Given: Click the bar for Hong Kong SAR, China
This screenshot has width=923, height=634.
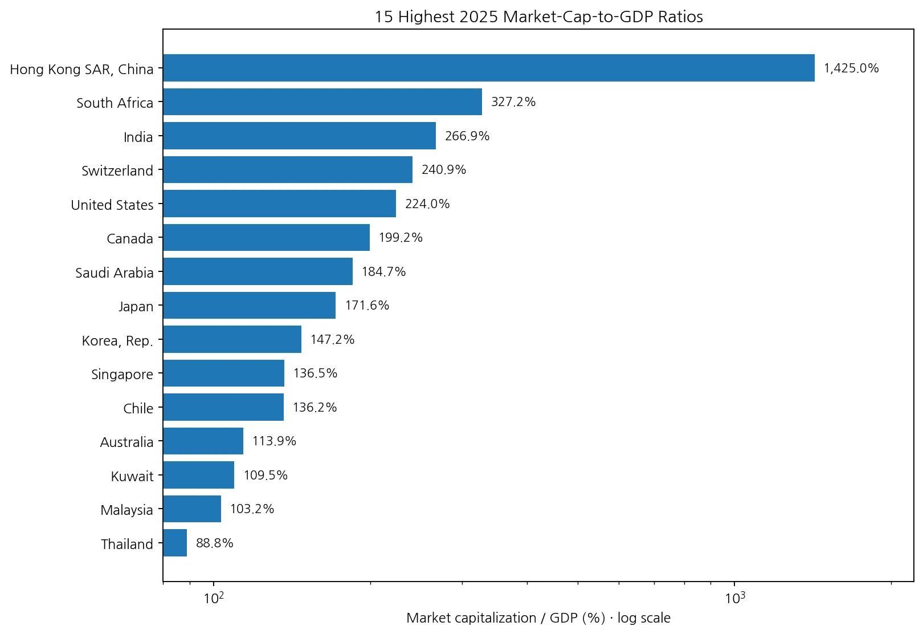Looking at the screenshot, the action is [489, 68].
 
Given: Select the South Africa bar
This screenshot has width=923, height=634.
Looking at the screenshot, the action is [322, 102].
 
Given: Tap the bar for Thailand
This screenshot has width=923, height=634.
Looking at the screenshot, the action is [175, 543].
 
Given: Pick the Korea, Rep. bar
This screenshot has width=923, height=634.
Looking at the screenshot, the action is [232, 339].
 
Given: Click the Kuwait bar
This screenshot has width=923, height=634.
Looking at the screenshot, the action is [199, 475].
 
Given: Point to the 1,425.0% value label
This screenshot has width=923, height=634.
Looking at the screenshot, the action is [851, 68].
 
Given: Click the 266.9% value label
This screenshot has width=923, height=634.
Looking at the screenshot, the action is [467, 136].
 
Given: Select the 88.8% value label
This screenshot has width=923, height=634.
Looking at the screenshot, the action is [214, 543].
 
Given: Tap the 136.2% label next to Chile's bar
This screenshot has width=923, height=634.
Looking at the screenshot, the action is [315, 408].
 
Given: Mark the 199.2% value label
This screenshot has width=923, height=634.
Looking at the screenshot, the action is [401, 238].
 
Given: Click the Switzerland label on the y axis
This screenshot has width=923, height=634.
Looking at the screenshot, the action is [117, 170].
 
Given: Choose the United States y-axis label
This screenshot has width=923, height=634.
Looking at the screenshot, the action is [112, 205].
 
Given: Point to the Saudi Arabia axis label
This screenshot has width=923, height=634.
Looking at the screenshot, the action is [115, 273].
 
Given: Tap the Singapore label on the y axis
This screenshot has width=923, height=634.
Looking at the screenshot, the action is [122, 375].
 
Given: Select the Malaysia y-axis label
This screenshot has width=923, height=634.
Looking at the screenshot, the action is [127, 510].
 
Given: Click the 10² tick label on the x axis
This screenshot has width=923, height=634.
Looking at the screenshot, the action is [214, 598].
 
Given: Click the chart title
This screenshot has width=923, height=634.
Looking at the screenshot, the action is [538, 17].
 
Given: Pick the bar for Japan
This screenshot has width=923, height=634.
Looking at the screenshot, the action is [250, 306].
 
